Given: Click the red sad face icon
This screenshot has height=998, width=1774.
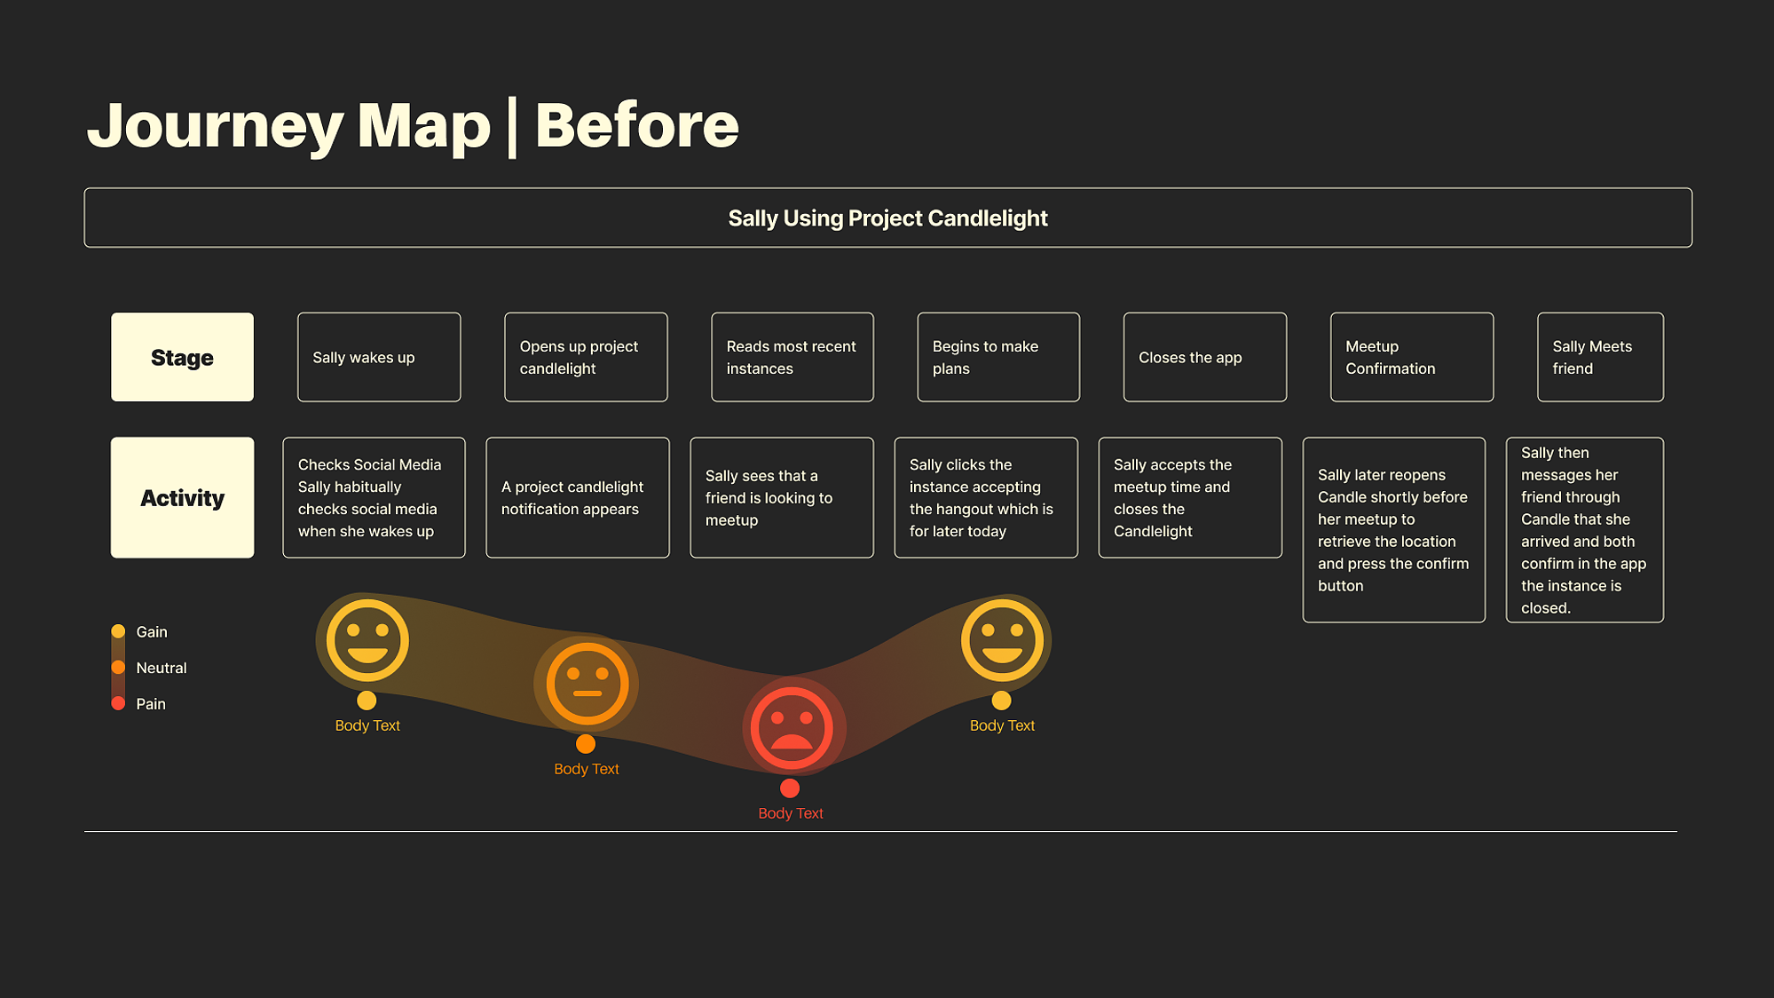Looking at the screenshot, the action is (x=791, y=728).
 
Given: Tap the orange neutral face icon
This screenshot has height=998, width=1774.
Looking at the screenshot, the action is (x=587, y=684).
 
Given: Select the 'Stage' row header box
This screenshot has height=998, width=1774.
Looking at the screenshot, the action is (x=182, y=357).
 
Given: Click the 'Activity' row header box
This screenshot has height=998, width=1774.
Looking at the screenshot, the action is (x=182, y=497).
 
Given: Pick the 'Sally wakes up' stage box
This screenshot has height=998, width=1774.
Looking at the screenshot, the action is (x=379, y=357).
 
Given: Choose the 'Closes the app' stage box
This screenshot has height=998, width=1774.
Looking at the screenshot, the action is (x=1204, y=357).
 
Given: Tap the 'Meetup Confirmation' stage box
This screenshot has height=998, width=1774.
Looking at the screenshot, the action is (x=1411, y=357).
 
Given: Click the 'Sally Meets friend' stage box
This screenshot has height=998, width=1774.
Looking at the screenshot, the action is (x=1600, y=357).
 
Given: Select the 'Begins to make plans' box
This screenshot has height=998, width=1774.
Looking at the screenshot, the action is (x=998, y=357).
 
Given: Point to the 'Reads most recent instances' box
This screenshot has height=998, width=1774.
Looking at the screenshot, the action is (x=792, y=357).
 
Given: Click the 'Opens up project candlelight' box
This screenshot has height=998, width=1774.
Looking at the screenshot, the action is (x=586, y=357).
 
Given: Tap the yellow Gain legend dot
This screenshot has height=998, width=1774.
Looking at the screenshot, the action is (x=118, y=631).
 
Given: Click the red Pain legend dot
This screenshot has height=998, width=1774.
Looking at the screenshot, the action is (x=118, y=703).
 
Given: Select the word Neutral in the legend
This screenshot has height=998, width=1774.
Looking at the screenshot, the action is (x=162, y=668).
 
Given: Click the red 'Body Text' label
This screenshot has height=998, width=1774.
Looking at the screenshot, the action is (x=791, y=813).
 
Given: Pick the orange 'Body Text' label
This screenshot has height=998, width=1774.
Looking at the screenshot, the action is (x=587, y=769).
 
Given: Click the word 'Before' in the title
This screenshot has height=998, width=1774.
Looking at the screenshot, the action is (x=636, y=124).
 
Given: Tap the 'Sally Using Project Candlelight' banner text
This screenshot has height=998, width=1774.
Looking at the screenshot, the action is (x=887, y=218).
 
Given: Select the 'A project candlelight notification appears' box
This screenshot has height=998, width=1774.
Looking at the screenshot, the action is (x=578, y=497).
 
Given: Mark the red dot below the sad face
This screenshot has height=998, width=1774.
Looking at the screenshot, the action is (x=790, y=788).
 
